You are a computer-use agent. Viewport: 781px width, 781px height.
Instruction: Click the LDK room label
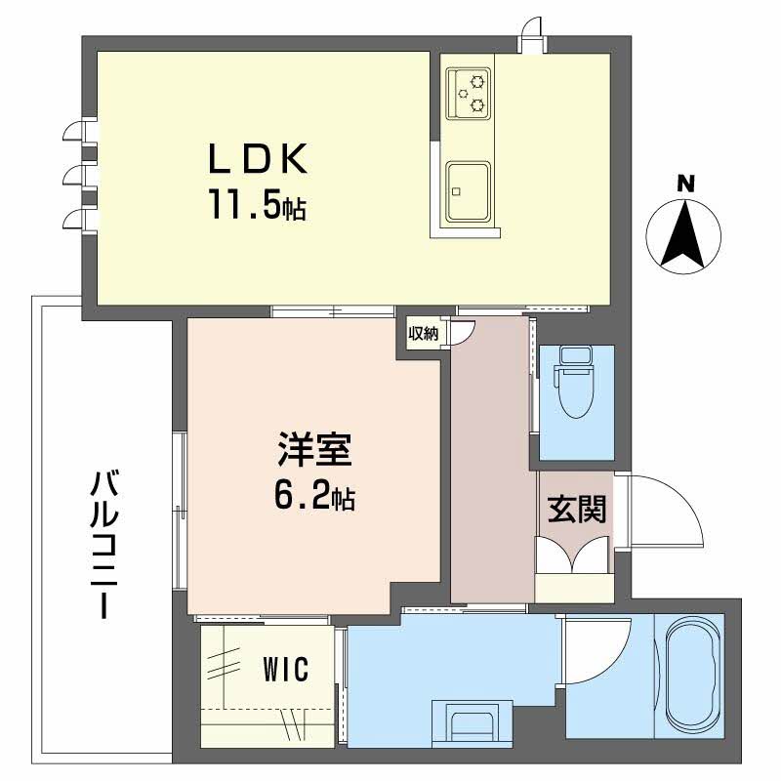[x=257, y=158]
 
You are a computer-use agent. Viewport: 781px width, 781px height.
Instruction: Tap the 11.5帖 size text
[x=257, y=204]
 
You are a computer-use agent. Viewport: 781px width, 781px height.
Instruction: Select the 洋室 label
[x=314, y=450]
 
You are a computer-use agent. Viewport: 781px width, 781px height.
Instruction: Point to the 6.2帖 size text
[x=314, y=496]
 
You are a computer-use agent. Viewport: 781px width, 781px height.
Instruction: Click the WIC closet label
[x=286, y=669]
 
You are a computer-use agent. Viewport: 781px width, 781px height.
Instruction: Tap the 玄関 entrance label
[x=577, y=509]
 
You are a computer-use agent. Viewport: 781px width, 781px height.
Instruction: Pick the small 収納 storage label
[x=424, y=333]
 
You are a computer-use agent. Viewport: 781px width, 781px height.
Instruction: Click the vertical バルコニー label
[x=104, y=545]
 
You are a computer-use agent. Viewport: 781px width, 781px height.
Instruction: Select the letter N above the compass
[x=685, y=185]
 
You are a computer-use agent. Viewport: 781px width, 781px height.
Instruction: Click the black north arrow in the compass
[x=683, y=233]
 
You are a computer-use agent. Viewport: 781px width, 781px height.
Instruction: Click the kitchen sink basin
[x=468, y=191]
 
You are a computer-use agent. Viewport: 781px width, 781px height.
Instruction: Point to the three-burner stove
[x=469, y=94]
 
